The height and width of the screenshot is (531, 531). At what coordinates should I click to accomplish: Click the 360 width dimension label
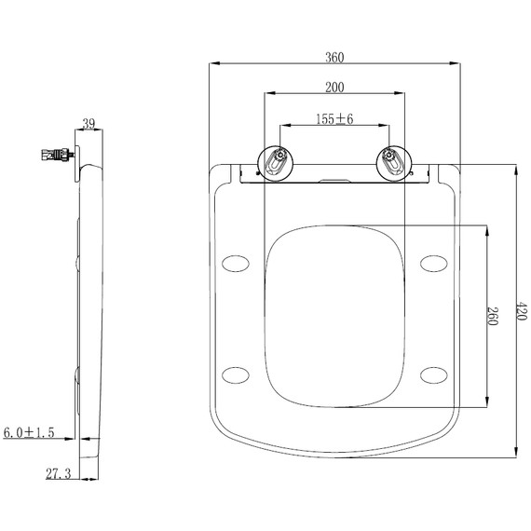(x=334, y=57)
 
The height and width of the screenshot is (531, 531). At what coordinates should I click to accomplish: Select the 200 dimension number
(x=334, y=88)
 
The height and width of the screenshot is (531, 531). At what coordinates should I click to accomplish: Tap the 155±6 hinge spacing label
(x=334, y=119)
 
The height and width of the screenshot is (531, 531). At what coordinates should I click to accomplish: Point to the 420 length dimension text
(x=521, y=311)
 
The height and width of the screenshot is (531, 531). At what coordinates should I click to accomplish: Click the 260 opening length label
(x=492, y=316)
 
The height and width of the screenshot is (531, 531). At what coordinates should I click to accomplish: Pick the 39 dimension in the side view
(x=88, y=124)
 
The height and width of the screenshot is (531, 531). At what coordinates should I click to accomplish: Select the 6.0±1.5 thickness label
(x=29, y=432)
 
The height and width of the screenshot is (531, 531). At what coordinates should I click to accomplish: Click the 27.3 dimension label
(x=59, y=474)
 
